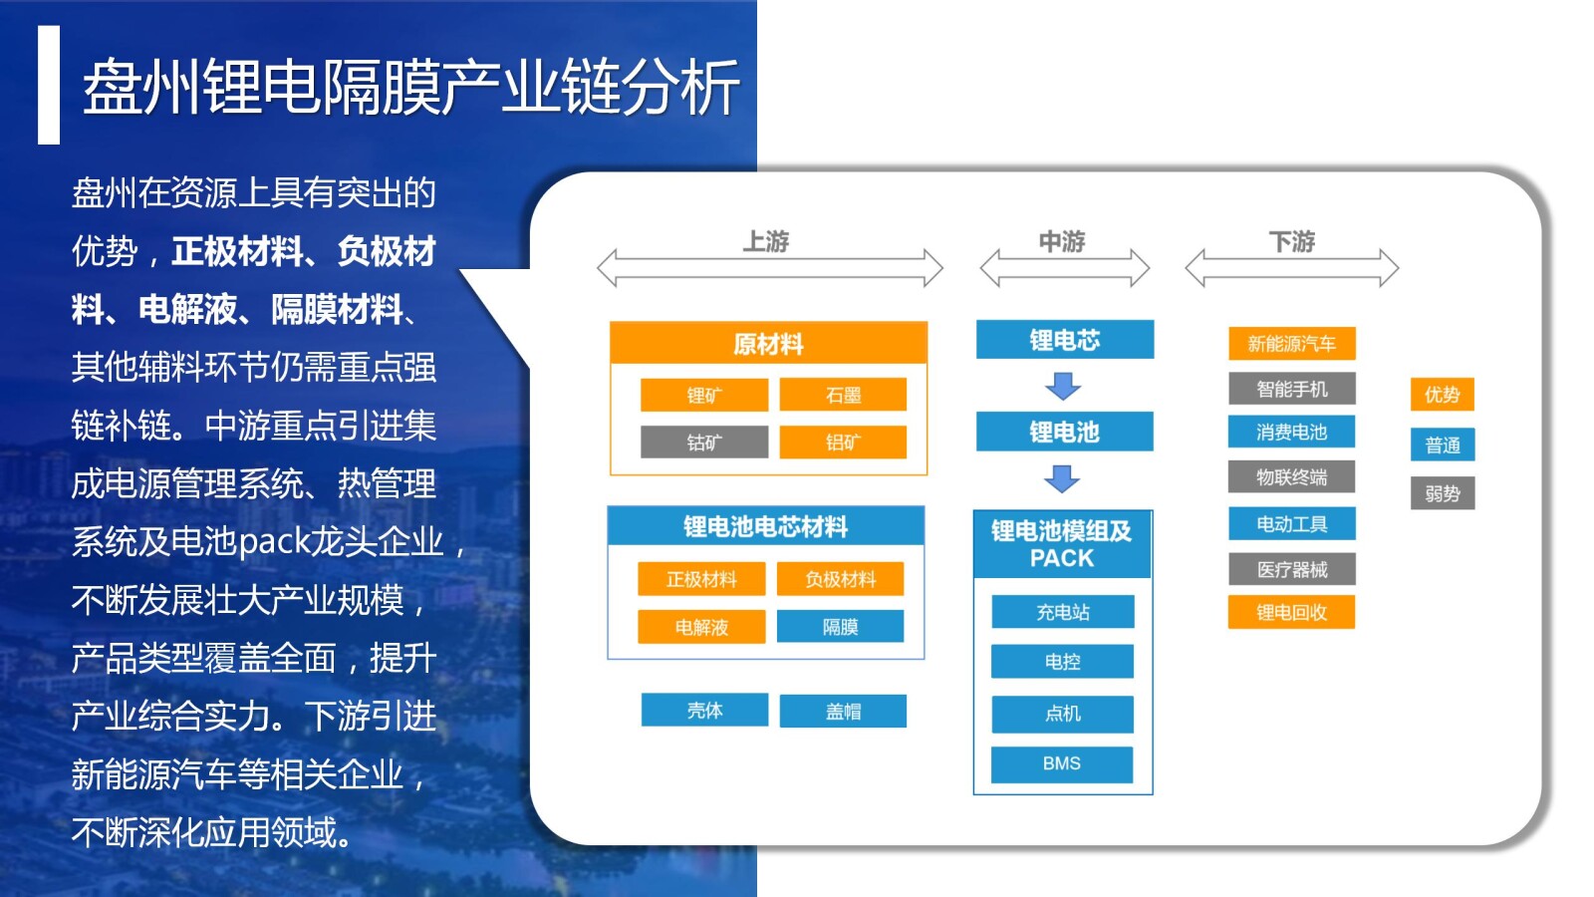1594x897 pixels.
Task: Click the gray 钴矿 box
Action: [703, 442]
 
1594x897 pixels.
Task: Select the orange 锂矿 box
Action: [703, 395]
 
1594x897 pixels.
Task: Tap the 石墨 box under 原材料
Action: [843, 395]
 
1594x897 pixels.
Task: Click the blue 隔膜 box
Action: [840, 627]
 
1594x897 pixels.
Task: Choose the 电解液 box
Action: [701, 627]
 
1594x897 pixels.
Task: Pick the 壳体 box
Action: [704, 711]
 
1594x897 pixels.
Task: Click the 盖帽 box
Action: [843, 712]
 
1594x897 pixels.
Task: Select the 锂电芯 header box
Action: [1064, 340]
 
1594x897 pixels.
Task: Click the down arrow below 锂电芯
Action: [1063, 386]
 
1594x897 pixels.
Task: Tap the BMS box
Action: [1062, 763]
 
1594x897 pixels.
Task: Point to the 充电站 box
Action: [1062, 612]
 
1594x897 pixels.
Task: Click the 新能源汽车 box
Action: [1291, 344]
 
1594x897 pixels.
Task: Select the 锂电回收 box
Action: [1291, 612]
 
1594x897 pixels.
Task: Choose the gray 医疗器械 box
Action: [1291, 569]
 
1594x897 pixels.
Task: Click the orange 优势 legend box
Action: [1442, 395]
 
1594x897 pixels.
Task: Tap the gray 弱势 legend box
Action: [1442, 493]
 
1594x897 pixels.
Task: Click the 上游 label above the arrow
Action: [765, 241]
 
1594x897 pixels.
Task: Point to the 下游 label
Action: [1291, 241]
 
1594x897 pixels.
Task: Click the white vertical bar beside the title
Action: [49, 86]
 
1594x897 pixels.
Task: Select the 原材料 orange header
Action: [768, 344]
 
